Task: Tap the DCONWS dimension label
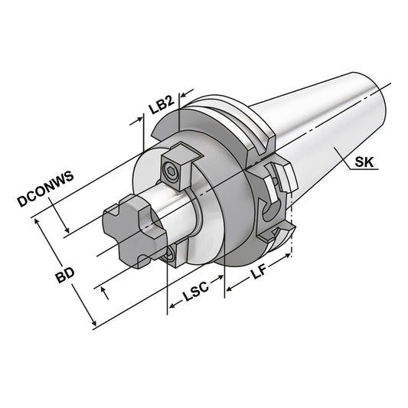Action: [x=44, y=188]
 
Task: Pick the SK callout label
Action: [x=364, y=161]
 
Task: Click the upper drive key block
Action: [x=178, y=160]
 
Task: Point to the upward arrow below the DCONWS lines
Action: [x=104, y=293]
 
